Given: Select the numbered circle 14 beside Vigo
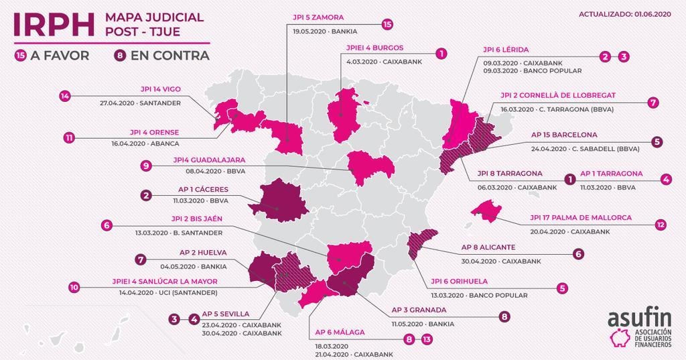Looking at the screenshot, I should pos(64,96).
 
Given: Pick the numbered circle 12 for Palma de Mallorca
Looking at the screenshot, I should pos(661,225).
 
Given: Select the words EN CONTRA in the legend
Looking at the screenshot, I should pos(171,56).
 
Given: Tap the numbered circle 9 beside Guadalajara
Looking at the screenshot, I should pos(145,166).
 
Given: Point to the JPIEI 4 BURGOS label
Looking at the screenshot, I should pos(374,48).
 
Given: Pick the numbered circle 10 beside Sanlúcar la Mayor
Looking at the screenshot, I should pos(74,286).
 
